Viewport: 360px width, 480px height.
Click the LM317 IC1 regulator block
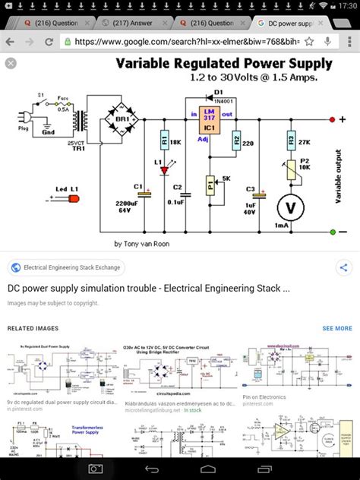(208, 119)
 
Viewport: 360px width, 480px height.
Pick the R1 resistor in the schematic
(165, 141)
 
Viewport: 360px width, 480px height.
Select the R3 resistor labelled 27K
(289, 141)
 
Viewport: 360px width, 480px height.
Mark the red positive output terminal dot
(332, 120)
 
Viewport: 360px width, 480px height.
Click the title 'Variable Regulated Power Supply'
(224, 64)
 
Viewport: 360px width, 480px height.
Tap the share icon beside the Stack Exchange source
(343, 267)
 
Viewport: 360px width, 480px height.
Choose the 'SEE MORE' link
(337, 329)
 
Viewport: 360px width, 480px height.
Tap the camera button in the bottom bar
(96, 469)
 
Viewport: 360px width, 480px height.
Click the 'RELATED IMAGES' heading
(33, 329)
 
